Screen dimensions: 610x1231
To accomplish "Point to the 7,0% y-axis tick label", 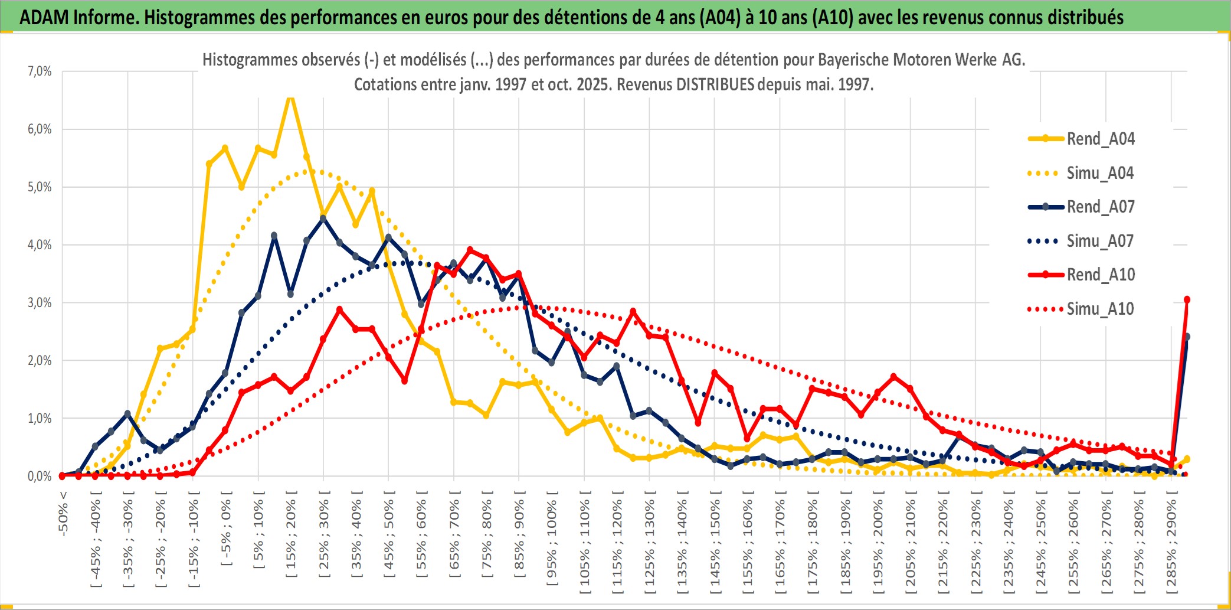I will tap(40, 71).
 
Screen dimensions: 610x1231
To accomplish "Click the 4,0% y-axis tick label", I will tap(40, 245).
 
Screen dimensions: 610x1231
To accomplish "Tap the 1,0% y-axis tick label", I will tap(40, 419).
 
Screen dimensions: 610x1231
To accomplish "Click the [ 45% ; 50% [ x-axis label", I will tap(388, 537).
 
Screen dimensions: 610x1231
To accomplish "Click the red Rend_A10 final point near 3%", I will tap(1187, 299).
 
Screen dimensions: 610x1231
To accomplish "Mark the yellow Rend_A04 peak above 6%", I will tap(290, 96).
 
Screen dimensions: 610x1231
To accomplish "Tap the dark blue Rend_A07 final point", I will tap(1187, 337).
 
